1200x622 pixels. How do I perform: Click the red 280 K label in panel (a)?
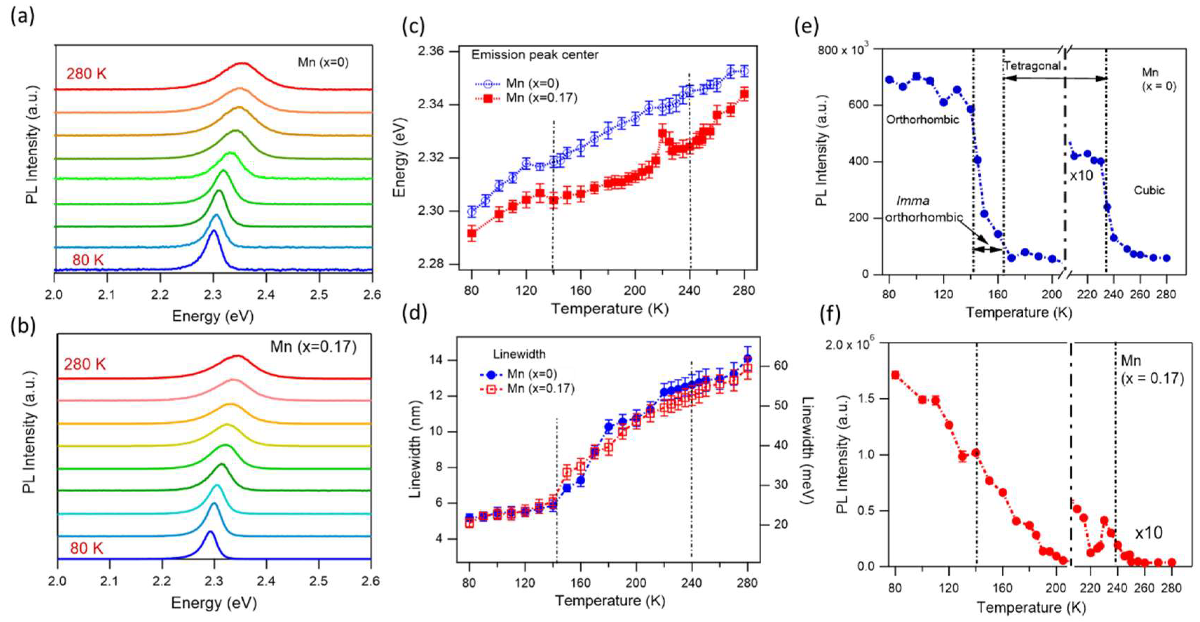coord(86,73)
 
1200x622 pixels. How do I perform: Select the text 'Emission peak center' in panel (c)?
coord(534,55)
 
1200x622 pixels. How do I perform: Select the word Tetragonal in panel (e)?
coord(1032,66)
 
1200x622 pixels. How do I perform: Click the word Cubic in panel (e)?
coord(1149,190)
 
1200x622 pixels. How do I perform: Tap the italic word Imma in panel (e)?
coord(913,201)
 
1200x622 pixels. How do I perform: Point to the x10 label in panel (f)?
coord(1148,533)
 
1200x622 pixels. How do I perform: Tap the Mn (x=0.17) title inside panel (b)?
coord(313,347)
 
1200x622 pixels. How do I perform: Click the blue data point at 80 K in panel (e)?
coord(889,80)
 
